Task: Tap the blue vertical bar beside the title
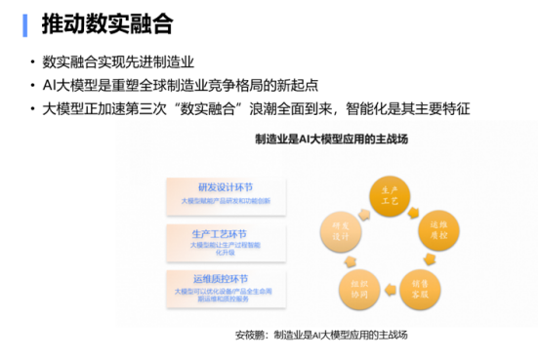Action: (24, 23)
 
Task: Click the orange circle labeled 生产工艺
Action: (389, 193)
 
